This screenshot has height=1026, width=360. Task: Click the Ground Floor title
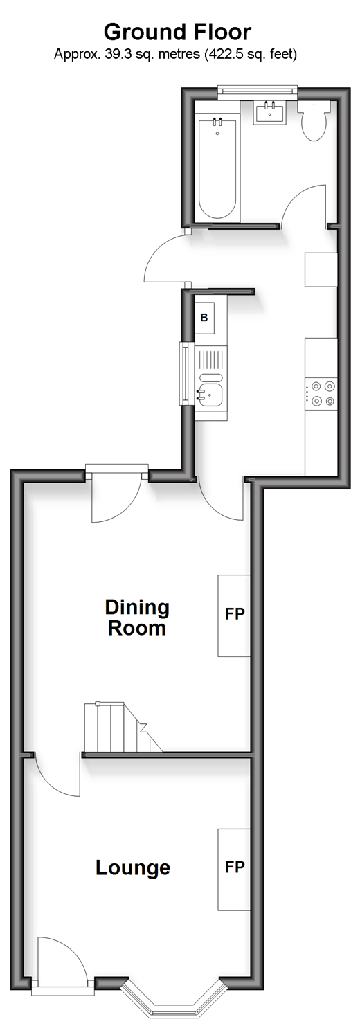(x=177, y=33)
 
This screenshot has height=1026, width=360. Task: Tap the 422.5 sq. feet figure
(x=251, y=55)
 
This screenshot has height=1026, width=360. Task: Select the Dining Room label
(x=137, y=617)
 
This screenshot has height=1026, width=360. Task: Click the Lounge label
(x=133, y=867)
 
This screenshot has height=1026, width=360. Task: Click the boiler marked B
(x=204, y=317)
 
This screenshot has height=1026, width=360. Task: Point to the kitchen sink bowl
(x=211, y=394)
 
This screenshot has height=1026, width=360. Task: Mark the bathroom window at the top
(x=258, y=91)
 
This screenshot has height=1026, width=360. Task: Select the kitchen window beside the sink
(x=186, y=375)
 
